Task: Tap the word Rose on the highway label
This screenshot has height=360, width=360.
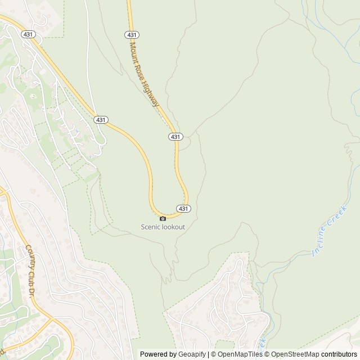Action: click(141, 70)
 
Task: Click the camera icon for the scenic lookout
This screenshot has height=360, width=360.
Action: click(163, 218)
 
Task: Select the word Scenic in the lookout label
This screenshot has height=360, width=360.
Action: click(151, 227)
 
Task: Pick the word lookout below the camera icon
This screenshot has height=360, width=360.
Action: click(173, 227)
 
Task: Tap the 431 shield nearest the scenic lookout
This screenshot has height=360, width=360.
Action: click(183, 209)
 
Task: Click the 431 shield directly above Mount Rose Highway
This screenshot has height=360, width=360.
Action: click(132, 34)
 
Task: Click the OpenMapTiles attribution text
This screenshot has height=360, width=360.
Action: click(241, 354)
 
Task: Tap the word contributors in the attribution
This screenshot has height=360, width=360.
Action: click(339, 354)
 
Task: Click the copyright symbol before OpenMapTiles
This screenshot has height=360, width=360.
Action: click(213, 354)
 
